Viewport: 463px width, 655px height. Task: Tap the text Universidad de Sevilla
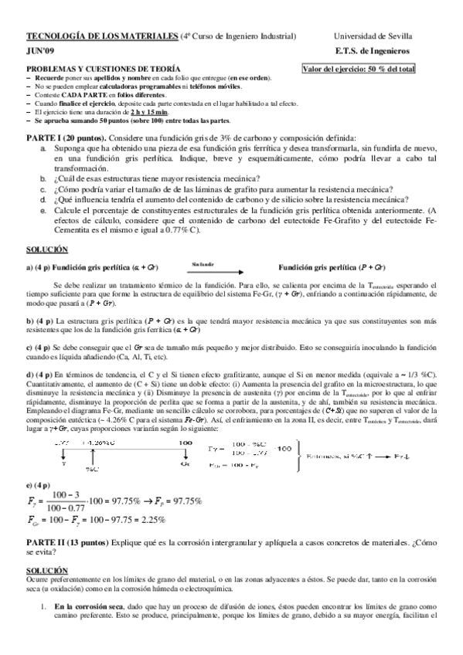[x=373, y=36]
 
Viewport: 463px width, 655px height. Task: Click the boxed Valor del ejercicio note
[x=359, y=69]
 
